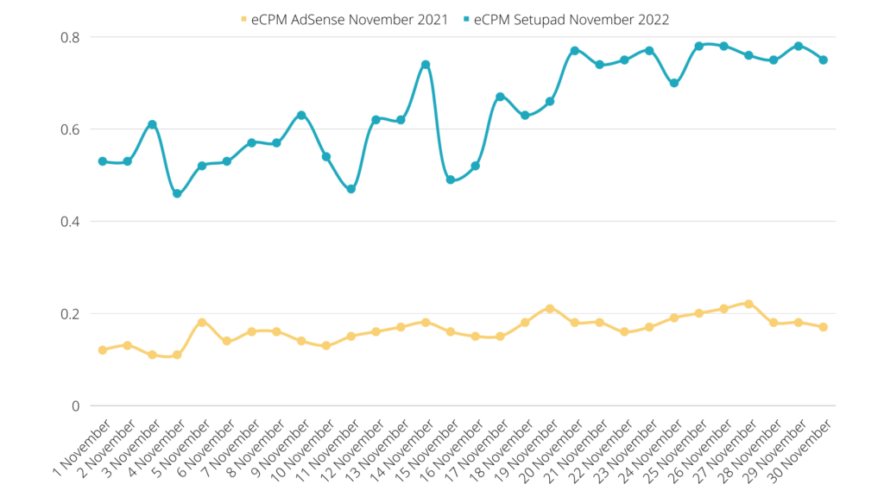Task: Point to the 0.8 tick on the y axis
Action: (x=69, y=37)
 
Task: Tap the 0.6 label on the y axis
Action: (x=69, y=129)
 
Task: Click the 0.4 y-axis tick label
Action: (x=69, y=222)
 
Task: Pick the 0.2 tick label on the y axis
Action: (x=69, y=313)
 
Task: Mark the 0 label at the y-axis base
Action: (x=75, y=406)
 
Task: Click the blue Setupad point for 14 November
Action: (x=426, y=65)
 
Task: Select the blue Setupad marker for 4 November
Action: (x=177, y=193)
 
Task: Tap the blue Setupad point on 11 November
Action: (x=351, y=189)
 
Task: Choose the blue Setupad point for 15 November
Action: (x=451, y=179)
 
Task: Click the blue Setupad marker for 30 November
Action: (x=824, y=60)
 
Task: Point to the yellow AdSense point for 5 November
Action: (x=202, y=323)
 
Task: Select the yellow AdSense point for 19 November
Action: (x=550, y=309)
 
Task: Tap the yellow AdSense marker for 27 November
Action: (x=748, y=304)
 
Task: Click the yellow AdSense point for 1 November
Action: (x=103, y=350)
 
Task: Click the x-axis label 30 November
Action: (x=802, y=449)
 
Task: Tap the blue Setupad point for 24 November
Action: (x=674, y=83)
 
